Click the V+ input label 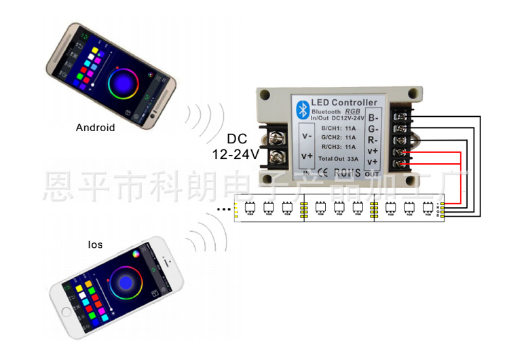coord(307,157)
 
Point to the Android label coord(95,128)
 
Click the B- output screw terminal coord(401,118)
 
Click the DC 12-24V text coord(235,146)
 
